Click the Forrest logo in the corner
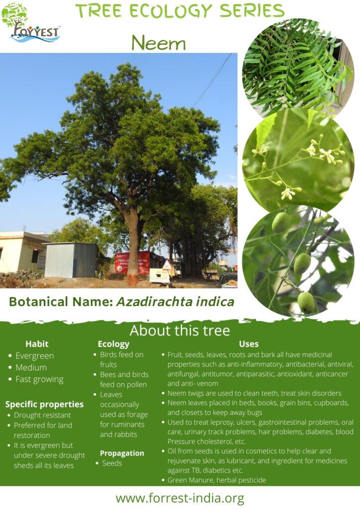pos(31,24)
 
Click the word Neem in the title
pos(159,43)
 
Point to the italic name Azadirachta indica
pos(176,302)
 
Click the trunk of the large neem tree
pos(132,247)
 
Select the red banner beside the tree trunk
pos(132,262)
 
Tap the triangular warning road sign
pos(168,265)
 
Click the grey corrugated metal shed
pos(71,259)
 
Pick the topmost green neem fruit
pos(281,222)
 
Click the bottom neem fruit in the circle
pos(306,302)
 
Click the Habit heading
pos(37,344)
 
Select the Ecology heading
pos(113,344)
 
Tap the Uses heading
pos(249,344)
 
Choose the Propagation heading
pos(122,453)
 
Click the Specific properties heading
pos(44,405)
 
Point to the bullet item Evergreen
pos(34,356)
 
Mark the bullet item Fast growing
pos(39,379)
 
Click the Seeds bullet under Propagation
pos(112,463)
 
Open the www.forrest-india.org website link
pos(180,498)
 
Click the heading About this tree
pos(180,331)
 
